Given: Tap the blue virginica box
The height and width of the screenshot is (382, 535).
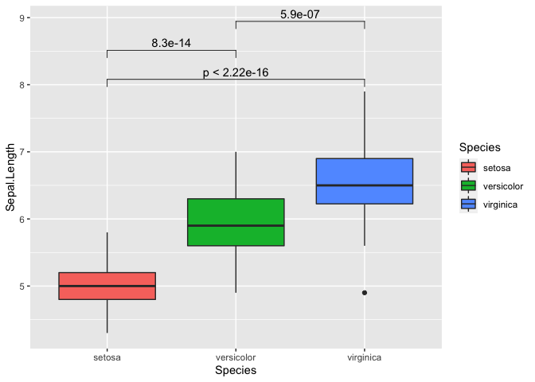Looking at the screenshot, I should pos(364,172).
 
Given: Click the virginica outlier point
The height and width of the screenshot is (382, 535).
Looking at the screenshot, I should pos(365,293).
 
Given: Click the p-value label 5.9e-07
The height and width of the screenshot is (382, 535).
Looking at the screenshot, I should pos(300,14).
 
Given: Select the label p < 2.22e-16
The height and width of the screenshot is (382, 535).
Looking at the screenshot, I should pos(236,72).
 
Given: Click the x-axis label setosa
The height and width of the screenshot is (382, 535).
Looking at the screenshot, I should pos(107,357).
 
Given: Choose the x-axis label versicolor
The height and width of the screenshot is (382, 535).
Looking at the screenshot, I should pos(236,357).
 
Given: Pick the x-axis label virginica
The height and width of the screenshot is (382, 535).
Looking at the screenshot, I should pos(364,357).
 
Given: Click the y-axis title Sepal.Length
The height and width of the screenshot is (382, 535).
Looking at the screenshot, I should pos(10,177).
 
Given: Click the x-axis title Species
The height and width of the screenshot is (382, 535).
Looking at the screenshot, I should pos(236,371).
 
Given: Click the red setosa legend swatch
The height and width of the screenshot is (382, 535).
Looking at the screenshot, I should pos(468,168).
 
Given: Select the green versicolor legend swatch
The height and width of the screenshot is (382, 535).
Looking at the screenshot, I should pos(468,186).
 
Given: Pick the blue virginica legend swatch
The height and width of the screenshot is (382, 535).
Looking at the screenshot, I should pos(468,205).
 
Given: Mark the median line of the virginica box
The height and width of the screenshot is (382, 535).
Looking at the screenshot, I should pos(364,185).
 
